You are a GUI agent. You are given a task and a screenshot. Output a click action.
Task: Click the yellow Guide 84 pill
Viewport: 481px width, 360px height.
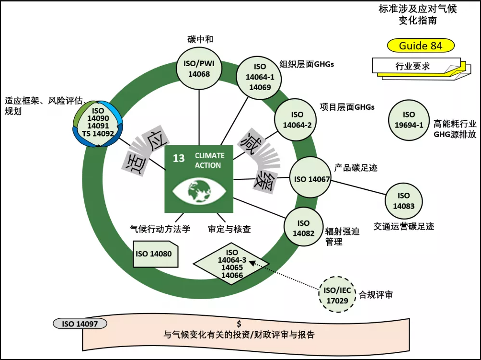(420, 46)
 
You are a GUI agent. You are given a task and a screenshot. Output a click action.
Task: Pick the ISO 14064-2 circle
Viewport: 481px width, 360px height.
(297, 120)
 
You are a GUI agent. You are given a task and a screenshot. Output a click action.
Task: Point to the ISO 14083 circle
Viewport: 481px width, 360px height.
(403, 201)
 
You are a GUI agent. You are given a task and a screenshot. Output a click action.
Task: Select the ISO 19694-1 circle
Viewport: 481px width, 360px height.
(409, 120)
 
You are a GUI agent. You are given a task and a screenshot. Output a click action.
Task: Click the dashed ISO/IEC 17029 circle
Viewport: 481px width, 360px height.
(337, 294)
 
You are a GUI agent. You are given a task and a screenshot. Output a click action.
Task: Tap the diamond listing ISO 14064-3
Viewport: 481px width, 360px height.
(231, 264)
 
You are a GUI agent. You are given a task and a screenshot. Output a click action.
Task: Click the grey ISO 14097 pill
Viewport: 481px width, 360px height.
(80, 324)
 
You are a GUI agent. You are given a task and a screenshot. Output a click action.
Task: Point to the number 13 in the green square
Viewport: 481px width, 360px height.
(178, 159)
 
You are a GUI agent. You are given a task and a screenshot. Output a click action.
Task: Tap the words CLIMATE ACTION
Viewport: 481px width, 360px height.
(208, 161)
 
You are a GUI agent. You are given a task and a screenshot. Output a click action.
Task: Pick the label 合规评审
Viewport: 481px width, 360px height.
(376, 295)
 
